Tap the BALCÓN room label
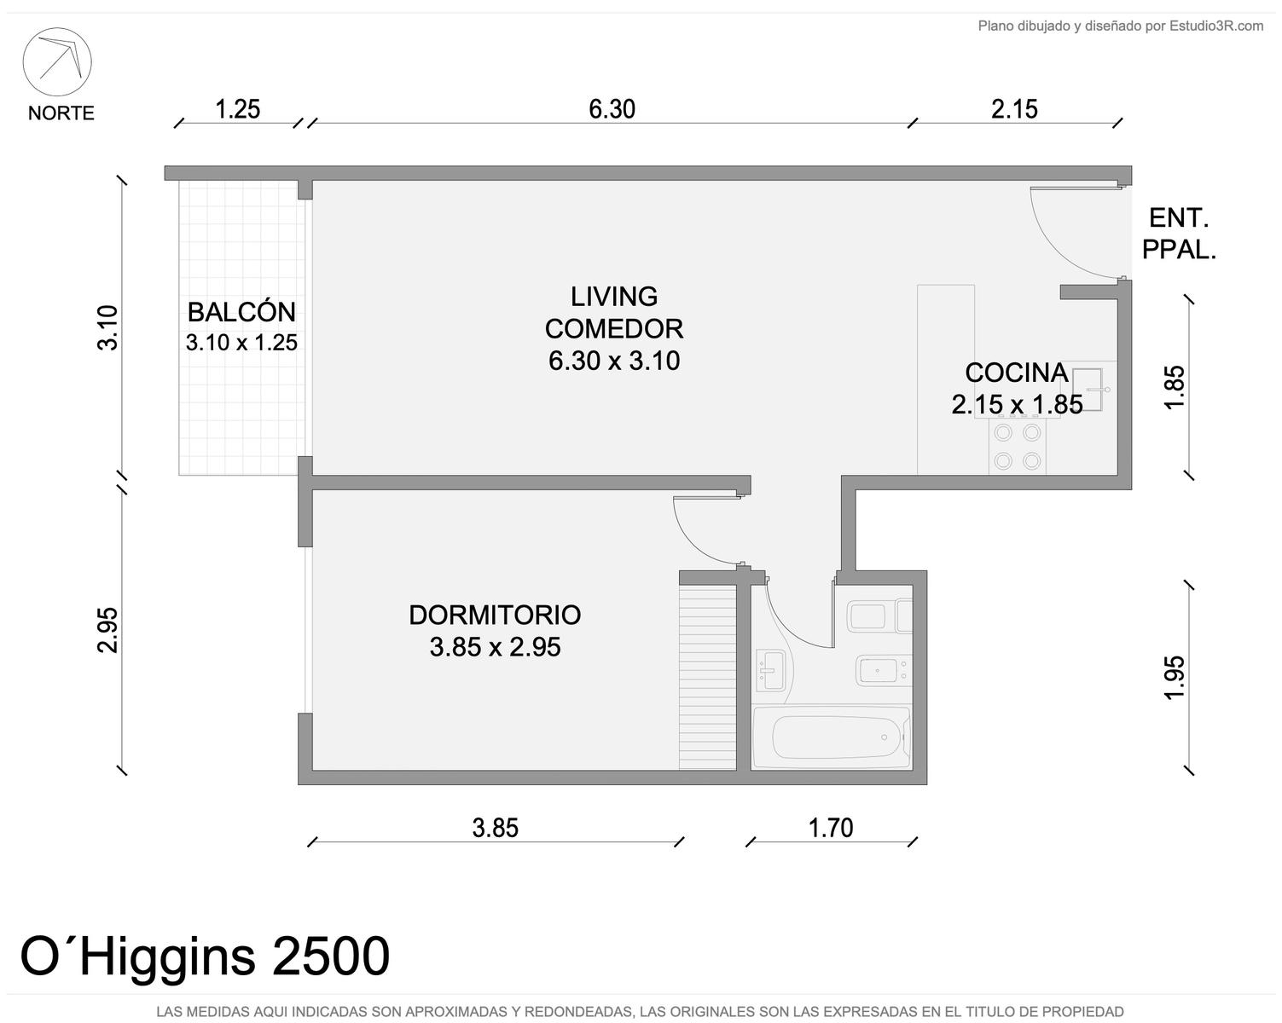click(x=241, y=312)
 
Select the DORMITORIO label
click(x=495, y=616)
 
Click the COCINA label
click(x=1017, y=373)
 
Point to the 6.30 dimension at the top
click(x=612, y=109)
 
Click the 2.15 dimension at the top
click(x=1014, y=109)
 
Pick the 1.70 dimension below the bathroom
click(x=831, y=828)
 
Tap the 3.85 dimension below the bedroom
click(x=495, y=828)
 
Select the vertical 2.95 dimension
click(x=107, y=630)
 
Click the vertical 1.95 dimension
click(x=1175, y=678)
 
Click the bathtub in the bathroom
click(x=831, y=737)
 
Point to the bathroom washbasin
click(x=771, y=669)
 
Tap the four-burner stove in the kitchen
click(x=1017, y=447)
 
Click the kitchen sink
click(x=1088, y=390)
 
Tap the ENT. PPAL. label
click(x=1178, y=234)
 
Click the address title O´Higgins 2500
click(x=205, y=956)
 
